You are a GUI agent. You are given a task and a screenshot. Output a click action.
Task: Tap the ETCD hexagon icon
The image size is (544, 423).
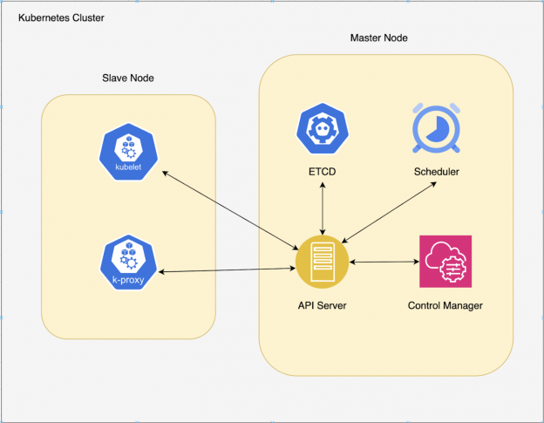323,130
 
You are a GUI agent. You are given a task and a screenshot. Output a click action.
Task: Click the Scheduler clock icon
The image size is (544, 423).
436,130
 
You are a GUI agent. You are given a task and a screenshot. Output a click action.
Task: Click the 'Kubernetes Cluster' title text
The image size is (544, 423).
62,17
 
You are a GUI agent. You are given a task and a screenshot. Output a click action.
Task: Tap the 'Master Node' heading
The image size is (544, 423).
378,38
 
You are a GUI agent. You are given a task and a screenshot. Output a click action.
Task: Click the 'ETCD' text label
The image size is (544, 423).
323,172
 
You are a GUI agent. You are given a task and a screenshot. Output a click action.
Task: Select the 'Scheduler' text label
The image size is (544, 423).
436,172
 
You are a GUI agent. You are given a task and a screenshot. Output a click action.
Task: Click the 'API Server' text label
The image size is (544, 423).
323,306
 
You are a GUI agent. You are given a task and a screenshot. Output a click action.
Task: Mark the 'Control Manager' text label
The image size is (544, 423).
445,306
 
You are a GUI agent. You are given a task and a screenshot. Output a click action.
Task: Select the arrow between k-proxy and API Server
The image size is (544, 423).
228,270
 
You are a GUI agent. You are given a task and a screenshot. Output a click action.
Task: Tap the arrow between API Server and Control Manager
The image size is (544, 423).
384,261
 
